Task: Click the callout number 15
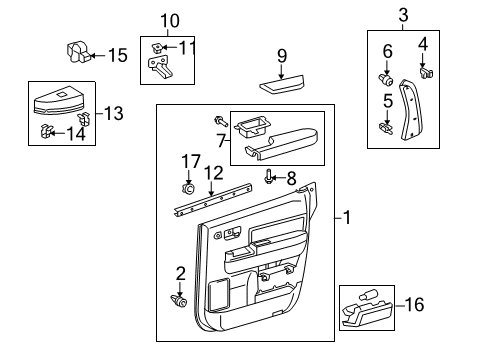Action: (x=118, y=55)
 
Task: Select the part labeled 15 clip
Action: (x=77, y=51)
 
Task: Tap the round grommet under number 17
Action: (x=189, y=187)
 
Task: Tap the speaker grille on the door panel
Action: (x=216, y=295)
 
